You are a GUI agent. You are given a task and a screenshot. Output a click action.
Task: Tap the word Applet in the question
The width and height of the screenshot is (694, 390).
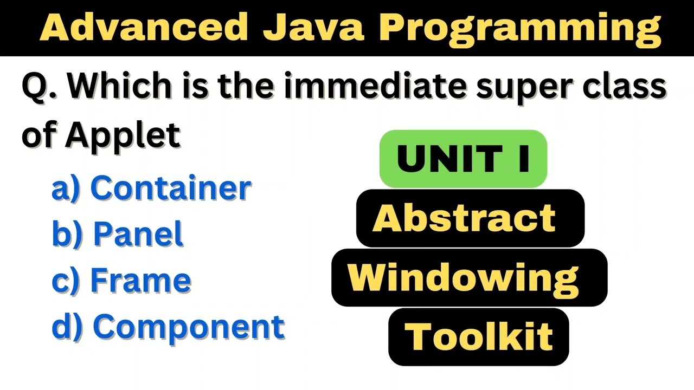[x=123, y=135]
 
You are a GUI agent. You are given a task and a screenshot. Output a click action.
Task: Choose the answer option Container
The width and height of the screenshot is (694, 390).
[x=170, y=188]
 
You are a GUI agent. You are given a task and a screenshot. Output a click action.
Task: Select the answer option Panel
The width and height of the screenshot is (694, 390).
[x=138, y=235]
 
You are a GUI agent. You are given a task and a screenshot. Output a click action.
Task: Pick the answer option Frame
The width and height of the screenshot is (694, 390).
[x=140, y=281]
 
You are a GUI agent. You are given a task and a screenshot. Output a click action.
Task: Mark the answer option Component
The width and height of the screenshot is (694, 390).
[x=189, y=327]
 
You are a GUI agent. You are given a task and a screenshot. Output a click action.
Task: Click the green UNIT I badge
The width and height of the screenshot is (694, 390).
[x=463, y=159]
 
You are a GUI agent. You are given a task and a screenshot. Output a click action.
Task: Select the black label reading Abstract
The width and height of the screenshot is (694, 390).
[x=470, y=218]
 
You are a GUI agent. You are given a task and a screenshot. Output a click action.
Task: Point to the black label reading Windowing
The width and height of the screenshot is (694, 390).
[x=469, y=277]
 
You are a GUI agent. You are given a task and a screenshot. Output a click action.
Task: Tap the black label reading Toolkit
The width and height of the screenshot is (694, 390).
[x=478, y=336]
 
